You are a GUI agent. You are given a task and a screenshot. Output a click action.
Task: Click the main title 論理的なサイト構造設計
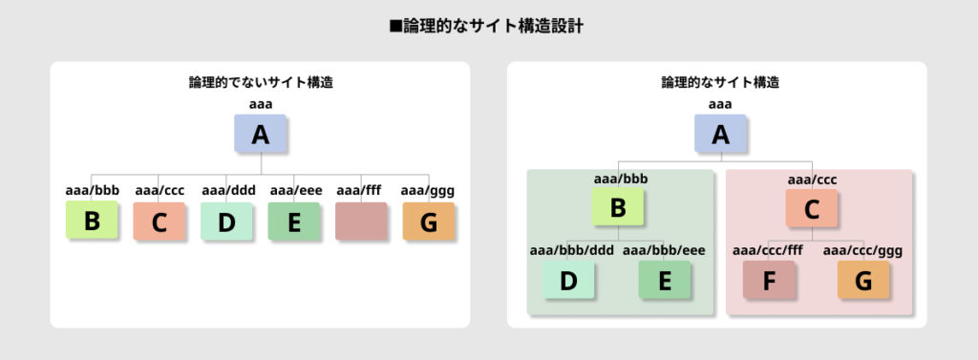pyautogui.click(x=488, y=27)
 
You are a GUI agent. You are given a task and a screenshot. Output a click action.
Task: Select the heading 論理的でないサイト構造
pyautogui.click(x=260, y=83)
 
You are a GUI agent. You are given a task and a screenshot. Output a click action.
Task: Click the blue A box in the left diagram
pyautogui.click(x=260, y=135)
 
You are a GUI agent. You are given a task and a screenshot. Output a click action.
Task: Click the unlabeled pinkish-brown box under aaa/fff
pyautogui.click(x=361, y=221)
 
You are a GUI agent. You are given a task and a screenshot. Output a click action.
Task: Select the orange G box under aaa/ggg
pyautogui.click(x=428, y=222)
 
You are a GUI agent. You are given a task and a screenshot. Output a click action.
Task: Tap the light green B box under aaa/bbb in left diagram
pyautogui.click(x=92, y=221)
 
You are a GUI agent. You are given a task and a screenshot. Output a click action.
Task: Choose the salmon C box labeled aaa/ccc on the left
pyautogui.click(x=159, y=222)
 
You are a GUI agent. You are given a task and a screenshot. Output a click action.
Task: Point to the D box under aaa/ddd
pyautogui.click(x=225, y=222)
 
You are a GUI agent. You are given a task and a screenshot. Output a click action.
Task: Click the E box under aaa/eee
pyautogui.click(x=293, y=222)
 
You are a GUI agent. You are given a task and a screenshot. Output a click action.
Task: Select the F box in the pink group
pyautogui.click(x=769, y=280)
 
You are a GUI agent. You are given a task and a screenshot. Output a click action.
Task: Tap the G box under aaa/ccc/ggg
pyautogui.click(x=863, y=280)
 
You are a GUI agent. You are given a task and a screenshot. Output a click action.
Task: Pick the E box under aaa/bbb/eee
pyautogui.click(x=664, y=280)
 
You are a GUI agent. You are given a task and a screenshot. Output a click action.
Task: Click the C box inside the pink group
pyautogui.click(x=812, y=209)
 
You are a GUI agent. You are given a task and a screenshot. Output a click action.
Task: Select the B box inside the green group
pyautogui.click(x=617, y=209)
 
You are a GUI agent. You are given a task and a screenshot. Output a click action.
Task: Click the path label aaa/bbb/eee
pyautogui.click(x=664, y=251)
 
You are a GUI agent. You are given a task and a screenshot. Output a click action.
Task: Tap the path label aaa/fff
pyautogui.click(x=361, y=190)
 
